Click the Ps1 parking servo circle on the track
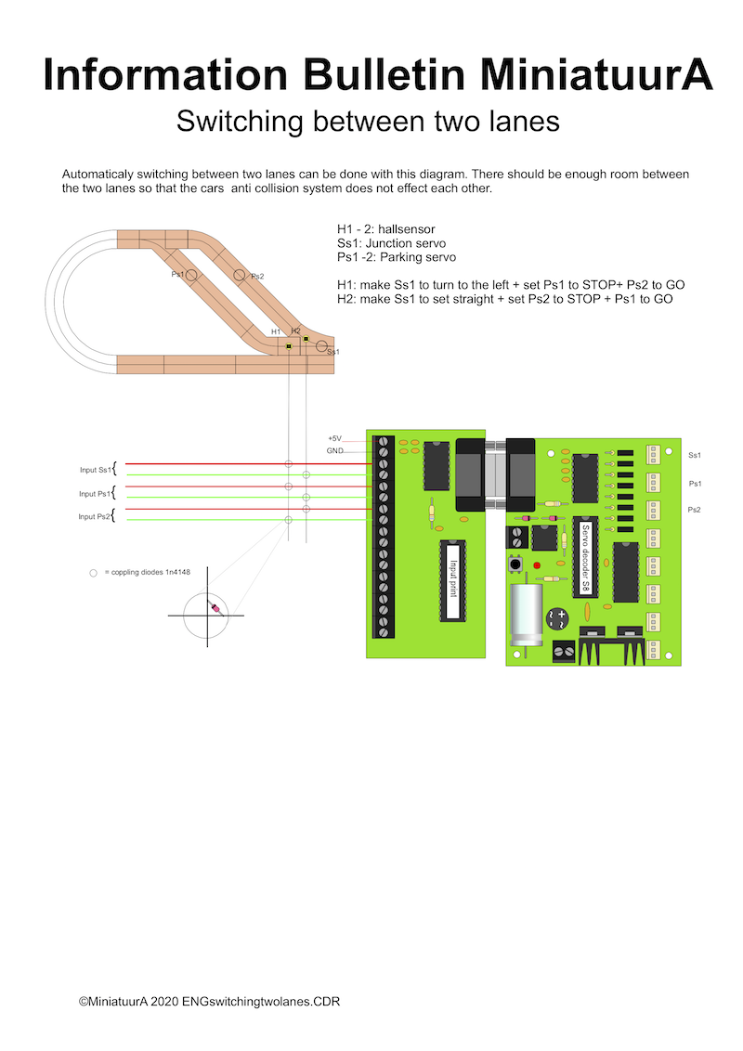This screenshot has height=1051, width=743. coord(192,276)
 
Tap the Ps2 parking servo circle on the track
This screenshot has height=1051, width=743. coord(240,275)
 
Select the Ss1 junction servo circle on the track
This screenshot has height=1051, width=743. coord(321,346)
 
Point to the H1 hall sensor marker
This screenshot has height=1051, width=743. coord(290,346)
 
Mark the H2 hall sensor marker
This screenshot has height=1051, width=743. coord(306,339)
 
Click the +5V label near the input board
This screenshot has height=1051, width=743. coord(334,438)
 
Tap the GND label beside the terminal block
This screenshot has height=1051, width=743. coord(335,450)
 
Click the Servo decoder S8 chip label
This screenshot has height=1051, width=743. coord(586,557)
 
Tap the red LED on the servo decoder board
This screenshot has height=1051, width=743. coord(537,565)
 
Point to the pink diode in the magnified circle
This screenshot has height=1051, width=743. coord(216,609)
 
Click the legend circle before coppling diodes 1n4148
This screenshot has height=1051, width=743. coord(93,573)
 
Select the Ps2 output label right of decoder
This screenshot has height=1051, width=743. coord(694,510)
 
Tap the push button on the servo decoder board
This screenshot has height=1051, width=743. coord(513,564)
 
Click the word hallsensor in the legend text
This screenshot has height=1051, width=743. coord(402,228)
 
